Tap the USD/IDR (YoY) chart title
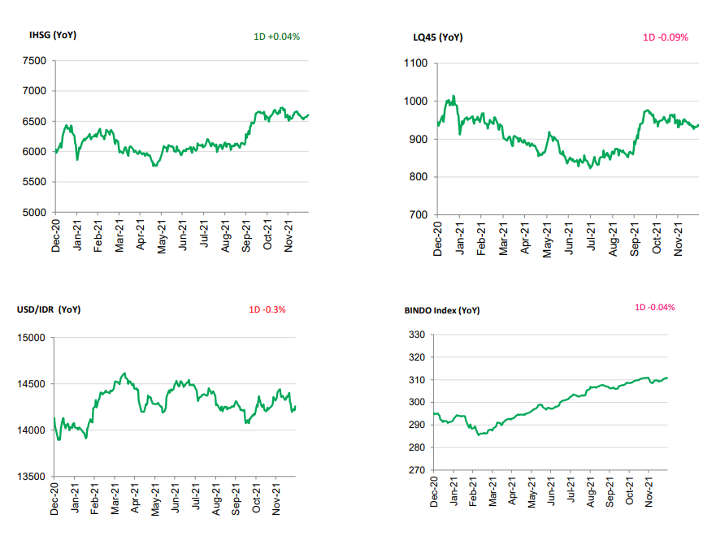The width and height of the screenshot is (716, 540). (x=49, y=309)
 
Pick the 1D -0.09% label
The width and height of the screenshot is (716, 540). (x=666, y=37)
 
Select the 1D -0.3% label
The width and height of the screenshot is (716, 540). (x=267, y=309)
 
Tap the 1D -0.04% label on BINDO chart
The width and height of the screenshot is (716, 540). (x=654, y=307)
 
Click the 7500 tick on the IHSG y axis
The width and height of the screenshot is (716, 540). (x=35, y=61)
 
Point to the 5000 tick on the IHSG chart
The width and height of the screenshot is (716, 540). (x=35, y=213)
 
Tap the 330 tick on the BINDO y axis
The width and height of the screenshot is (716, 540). (x=417, y=335)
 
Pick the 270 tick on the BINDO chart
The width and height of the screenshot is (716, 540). (x=417, y=470)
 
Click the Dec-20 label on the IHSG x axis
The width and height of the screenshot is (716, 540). (x=56, y=235)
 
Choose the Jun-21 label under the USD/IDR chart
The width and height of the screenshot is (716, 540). (x=176, y=498)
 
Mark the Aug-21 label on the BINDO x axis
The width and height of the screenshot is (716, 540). (x=592, y=490)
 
